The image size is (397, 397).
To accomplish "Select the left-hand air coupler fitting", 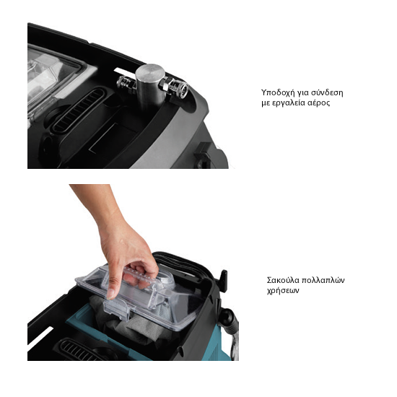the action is click(126, 83).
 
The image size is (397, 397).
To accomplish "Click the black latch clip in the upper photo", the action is click(204, 154).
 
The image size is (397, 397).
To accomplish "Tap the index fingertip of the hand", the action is click(110, 295).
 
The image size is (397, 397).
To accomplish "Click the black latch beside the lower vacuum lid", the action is click(223, 281).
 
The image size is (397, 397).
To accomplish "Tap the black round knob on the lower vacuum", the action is click(227, 317).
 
